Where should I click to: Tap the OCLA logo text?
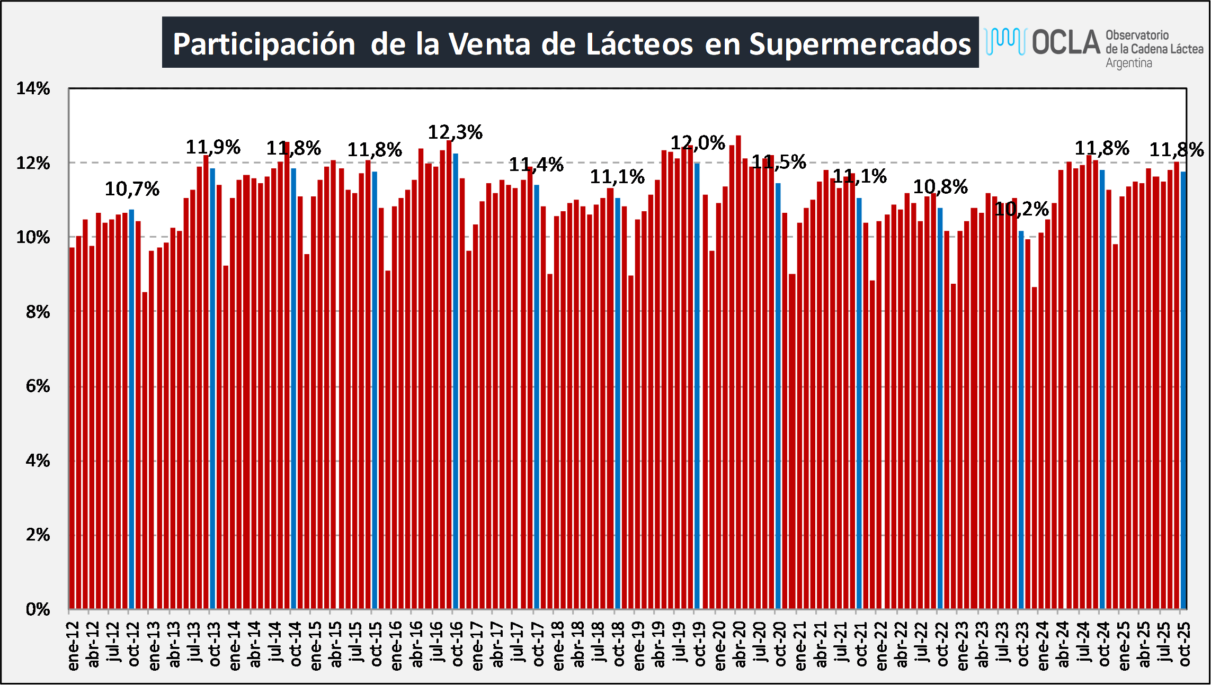click(x=1066, y=42)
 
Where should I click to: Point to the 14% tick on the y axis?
click(x=33, y=88)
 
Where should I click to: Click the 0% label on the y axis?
click(x=38, y=609)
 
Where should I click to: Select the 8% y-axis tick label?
click(x=38, y=312)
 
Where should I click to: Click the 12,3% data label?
click(x=455, y=132)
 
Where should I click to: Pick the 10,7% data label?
click(x=132, y=188)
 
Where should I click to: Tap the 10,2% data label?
click(x=1021, y=209)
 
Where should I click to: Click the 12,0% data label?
click(x=698, y=143)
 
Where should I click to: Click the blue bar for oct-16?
click(x=456, y=381)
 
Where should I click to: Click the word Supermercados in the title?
click(x=860, y=43)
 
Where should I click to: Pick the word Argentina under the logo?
click(x=1128, y=63)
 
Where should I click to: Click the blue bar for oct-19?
click(x=697, y=386)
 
